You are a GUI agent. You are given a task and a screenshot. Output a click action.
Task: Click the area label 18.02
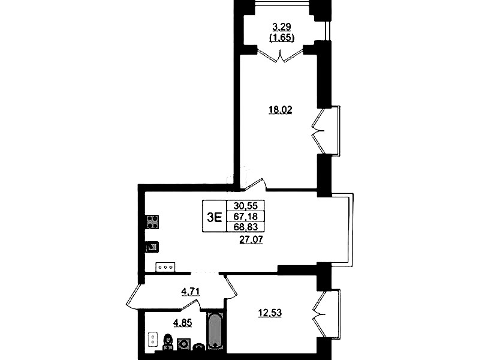tap(280, 110)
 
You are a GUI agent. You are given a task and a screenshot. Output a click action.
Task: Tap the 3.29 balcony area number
tap(281, 28)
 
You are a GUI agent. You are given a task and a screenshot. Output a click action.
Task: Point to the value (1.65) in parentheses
tap(281, 38)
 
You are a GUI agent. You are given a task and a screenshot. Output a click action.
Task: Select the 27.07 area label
tap(251, 240)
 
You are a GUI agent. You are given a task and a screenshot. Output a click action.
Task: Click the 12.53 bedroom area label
tap(270, 313)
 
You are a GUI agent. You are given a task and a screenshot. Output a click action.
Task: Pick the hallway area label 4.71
tap(190, 292)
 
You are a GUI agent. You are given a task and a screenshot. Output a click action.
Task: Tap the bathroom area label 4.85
tap(183, 323)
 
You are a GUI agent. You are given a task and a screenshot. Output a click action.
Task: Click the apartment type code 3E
tap(214, 217)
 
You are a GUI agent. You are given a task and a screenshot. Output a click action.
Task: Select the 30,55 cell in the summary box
tap(245, 206)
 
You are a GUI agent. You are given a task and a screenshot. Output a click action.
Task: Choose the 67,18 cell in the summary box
tap(245, 216)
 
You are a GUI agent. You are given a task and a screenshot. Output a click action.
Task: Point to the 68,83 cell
tap(245, 227)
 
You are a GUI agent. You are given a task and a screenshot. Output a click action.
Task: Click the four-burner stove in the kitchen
tap(153, 222)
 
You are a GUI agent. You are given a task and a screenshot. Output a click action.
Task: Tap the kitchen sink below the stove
tap(152, 247)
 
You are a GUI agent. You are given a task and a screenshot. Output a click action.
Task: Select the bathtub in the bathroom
tap(215, 331)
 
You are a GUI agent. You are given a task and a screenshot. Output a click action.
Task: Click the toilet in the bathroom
tap(167, 341)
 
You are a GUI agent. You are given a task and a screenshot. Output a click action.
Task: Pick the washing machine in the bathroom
tap(183, 344)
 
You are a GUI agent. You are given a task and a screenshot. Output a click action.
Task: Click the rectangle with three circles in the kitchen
tap(165, 267)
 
